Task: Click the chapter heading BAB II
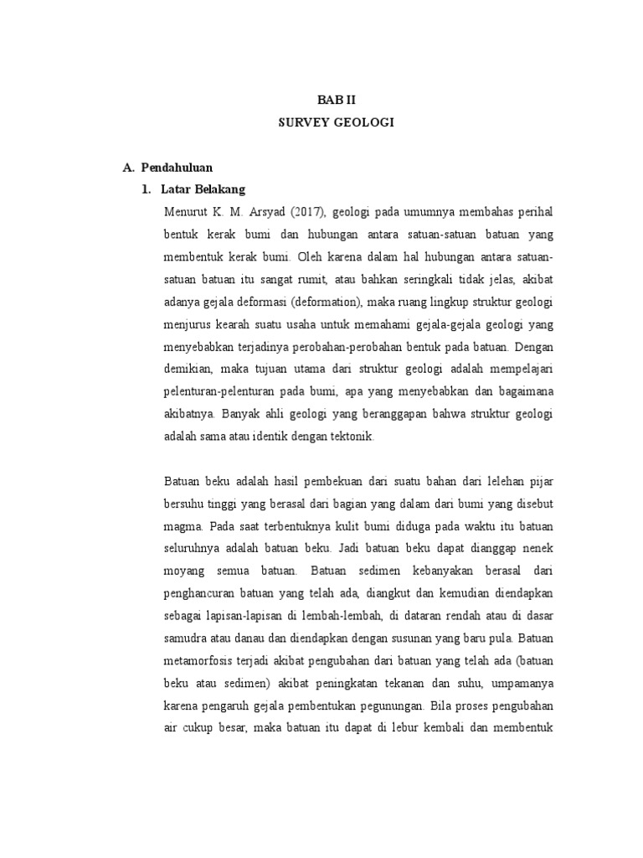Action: point(335,99)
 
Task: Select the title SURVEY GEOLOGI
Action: point(335,122)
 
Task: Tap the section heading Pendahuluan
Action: point(179,168)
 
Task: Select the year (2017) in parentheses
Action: point(314,209)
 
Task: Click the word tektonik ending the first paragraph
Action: point(356,437)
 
